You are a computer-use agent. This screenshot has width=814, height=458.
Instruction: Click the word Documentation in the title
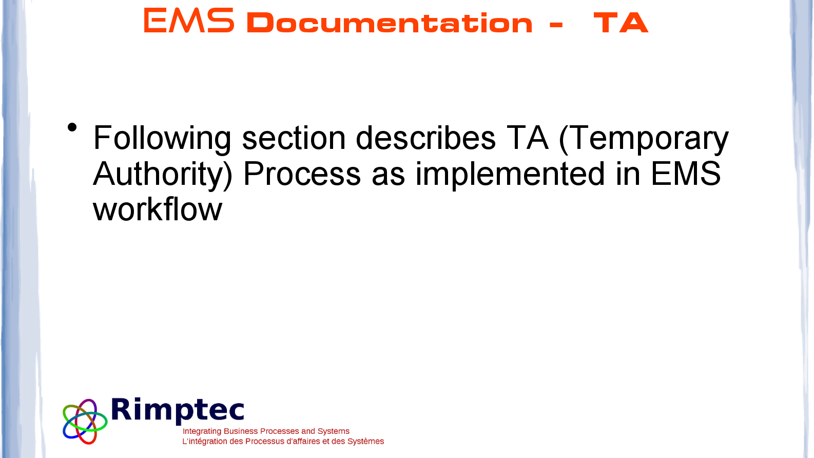[x=390, y=23]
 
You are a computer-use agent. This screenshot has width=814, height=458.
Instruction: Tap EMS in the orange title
[x=189, y=21]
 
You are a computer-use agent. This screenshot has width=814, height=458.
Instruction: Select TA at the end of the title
[x=621, y=23]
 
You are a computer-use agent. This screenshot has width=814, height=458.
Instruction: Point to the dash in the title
[x=556, y=25]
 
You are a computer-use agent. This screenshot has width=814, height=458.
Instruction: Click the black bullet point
[x=72, y=127]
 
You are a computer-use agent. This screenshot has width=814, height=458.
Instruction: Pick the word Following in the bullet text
[x=162, y=139]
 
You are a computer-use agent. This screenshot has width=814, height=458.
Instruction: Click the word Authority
[x=163, y=175]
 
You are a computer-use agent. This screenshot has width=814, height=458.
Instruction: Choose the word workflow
[x=158, y=209]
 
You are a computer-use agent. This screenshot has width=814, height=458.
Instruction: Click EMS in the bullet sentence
[x=686, y=174]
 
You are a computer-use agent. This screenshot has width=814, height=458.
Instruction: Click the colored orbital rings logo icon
[x=85, y=422]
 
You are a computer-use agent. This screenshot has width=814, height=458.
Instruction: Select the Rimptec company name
[x=178, y=411]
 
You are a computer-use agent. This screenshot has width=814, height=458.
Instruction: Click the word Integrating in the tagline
[x=202, y=431]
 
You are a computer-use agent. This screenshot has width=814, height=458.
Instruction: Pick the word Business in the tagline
[x=239, y=431]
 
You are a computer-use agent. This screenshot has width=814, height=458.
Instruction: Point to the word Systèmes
[x=365, y=441]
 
